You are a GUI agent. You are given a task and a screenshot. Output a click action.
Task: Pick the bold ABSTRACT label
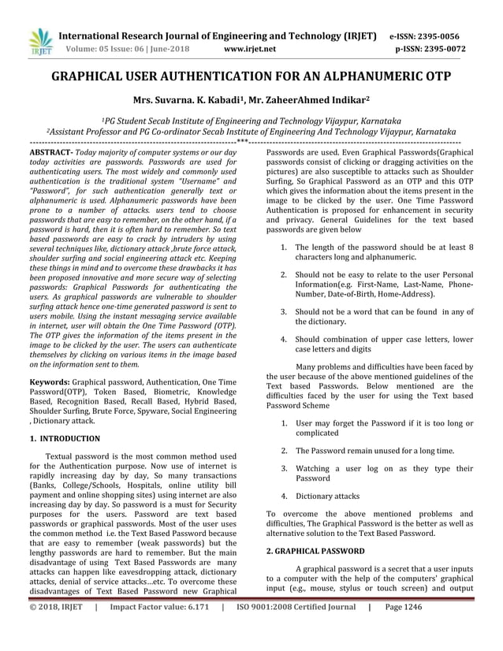pos(50,150)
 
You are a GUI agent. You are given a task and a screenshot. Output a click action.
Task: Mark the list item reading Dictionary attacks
pos(327,496)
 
